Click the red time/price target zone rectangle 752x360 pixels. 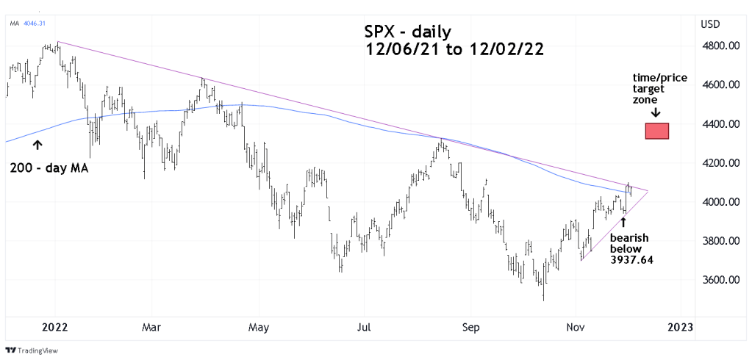point(656,131)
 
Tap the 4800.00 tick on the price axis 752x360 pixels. point(720,46)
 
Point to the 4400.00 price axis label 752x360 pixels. point(720,124)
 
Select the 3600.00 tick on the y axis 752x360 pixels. point(720,280)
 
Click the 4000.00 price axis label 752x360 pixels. point(720,202)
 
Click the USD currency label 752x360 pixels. point(711,24)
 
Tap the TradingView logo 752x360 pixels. point(32,350)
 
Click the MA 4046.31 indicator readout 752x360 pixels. point(28,24)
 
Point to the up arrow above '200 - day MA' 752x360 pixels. point(37,146)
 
